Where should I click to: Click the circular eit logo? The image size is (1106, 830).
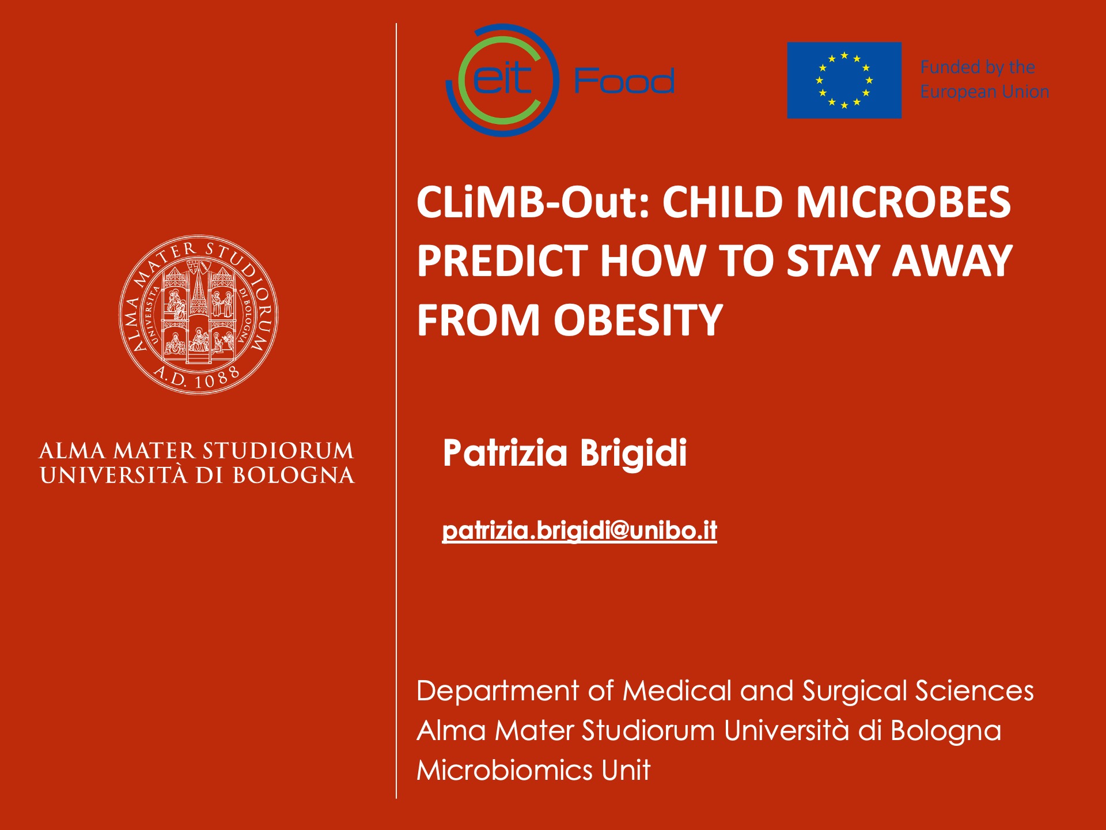point(503,80)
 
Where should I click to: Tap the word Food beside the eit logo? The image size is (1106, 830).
point(624,81)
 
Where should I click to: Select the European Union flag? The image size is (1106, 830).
point(844,80)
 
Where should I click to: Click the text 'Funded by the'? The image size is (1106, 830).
point(978,67)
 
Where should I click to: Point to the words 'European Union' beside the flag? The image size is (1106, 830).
point(984,92)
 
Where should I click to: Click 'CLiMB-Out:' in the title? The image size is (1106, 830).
point(533,202)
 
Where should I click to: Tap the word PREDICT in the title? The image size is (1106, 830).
point(502,261)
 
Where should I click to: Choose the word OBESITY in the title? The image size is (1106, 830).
point(638,320)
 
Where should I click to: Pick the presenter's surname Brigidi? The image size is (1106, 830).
point(633,452)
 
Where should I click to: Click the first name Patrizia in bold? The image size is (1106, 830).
point(505,452)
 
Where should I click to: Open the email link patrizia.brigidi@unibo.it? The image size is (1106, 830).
point(579,530)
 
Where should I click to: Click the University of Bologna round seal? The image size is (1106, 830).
point(198,315)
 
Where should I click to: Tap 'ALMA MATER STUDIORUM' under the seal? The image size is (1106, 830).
point(196,451)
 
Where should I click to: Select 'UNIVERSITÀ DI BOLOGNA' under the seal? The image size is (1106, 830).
point(197,476)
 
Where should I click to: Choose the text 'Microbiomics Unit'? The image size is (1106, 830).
point(533,770)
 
